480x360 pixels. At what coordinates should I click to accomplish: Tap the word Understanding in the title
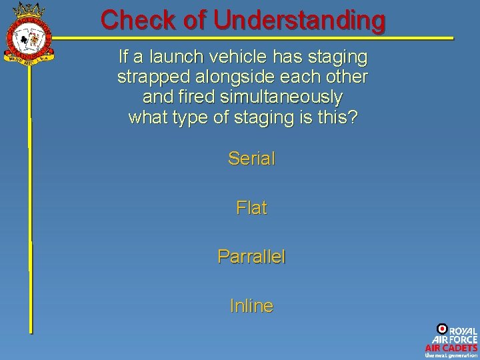pos(299,20)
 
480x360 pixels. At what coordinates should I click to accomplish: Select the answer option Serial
pos(251,159)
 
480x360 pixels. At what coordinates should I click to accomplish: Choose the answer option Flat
pos(251,208)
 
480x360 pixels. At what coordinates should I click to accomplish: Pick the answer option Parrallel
pos(251,257)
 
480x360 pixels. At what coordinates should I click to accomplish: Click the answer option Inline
pos(251,306)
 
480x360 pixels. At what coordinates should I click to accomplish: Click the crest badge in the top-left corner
pos(29,33)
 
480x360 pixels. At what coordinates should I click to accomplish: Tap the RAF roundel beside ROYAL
pos(441,329)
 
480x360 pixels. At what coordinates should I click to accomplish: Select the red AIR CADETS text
pos(451,347)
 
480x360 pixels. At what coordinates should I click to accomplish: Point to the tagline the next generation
pos(451,355)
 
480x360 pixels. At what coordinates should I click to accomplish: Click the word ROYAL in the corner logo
pos(463,331)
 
